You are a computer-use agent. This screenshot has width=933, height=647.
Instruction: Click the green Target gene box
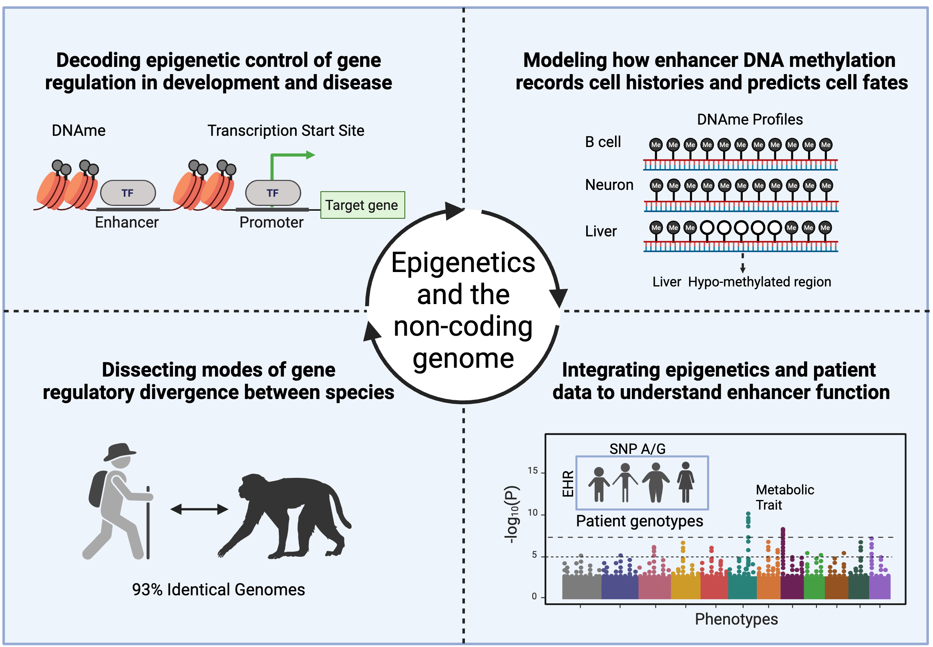point(362,205)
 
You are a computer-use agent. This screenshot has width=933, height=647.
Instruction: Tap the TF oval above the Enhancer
point(128,193)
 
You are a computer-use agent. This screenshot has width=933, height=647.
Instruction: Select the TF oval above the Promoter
point(273,193)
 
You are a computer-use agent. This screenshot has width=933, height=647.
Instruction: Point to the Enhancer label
point(127,223)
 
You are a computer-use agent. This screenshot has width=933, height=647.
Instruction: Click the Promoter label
point(271,223)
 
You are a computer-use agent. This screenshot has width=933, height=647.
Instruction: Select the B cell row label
point(602,142)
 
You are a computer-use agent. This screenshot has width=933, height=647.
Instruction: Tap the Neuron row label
point(609,185)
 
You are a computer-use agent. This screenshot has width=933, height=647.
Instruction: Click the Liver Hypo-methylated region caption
point(741,282)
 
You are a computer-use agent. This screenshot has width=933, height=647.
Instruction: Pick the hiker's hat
point(119,451)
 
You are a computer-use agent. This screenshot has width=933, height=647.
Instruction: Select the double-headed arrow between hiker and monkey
point(199,509)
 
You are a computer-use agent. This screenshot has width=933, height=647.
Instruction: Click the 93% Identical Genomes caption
point(218,589)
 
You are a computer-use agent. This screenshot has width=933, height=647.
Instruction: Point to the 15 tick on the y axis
point(533,471)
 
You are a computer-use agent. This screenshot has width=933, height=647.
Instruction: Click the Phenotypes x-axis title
point(736,619)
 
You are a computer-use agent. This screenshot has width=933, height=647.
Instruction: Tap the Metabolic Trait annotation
point(784,497)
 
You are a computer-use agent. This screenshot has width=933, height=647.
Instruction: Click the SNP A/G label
point(637,449)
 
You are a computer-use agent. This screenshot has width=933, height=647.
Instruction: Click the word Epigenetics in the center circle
point(463,263)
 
